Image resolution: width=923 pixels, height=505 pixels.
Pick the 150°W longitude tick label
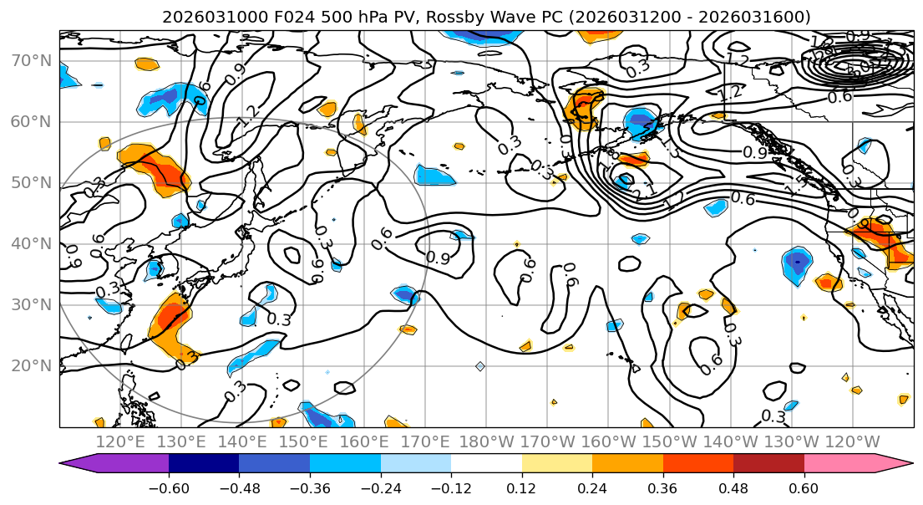pyautogui.click(x=669, y=441)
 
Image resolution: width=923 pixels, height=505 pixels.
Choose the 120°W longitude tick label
pyautogui.click(x=852, y=441)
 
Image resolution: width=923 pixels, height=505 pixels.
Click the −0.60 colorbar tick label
pyautogui.click(x=169, y=487)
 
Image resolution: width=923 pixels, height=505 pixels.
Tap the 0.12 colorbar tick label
pyautogui.click(x=521, y=487)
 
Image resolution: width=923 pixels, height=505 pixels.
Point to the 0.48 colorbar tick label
pyautogui.click(x=733, y=487)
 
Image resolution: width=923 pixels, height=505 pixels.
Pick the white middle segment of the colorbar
pyautogui.click(x=486, y=464)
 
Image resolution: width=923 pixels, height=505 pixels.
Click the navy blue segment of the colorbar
pyautogui.click(x=204, y=464)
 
